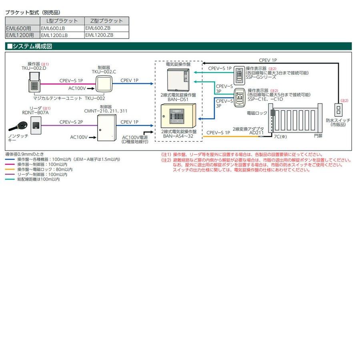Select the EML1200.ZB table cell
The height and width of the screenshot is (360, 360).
(x=99, y=35)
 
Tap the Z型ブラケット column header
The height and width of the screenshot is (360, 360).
(x=107, y=20)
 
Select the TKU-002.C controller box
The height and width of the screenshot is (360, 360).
(x=106, y=84)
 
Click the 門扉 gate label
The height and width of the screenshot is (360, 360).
(x=318, y=136)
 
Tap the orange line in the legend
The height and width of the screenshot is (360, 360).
(x=11, y=170)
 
